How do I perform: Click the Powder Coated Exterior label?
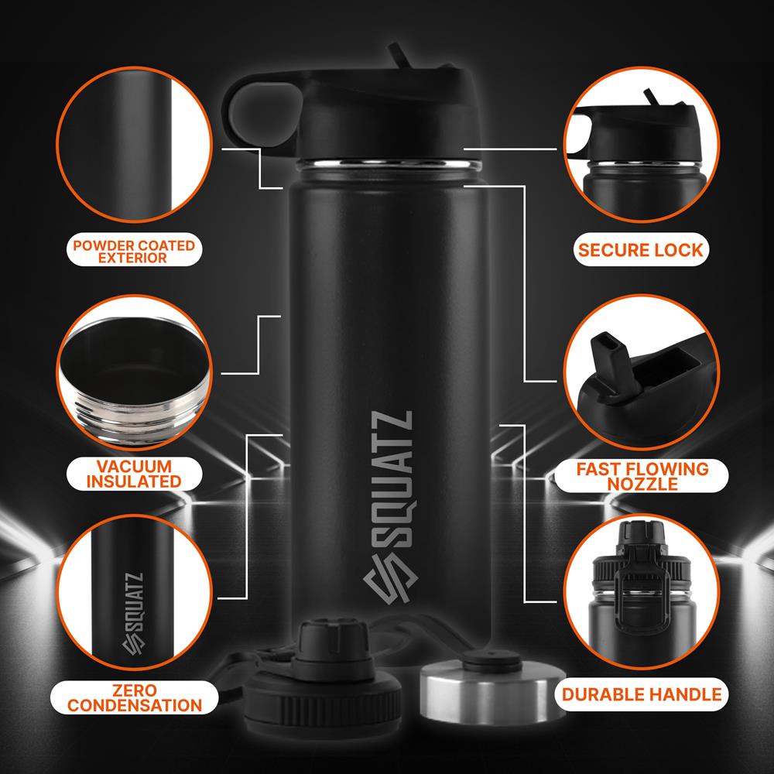point(133,252)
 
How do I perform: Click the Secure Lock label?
point(640,249)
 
